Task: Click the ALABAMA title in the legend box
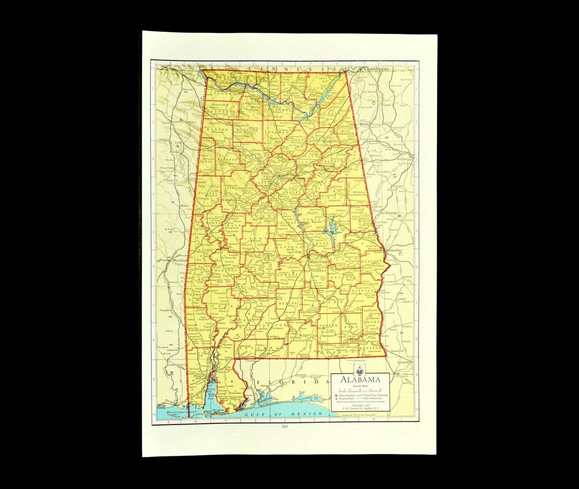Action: (360, 380)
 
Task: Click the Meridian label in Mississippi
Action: (180, 260)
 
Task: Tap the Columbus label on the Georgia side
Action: (394, 250)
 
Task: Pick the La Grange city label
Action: (389, 212)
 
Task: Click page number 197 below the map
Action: (285, 427)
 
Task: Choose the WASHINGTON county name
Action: (199, 329)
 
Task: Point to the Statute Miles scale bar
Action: (360, 390)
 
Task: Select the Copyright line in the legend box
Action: (360, 405)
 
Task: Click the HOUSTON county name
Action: (370, 348)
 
